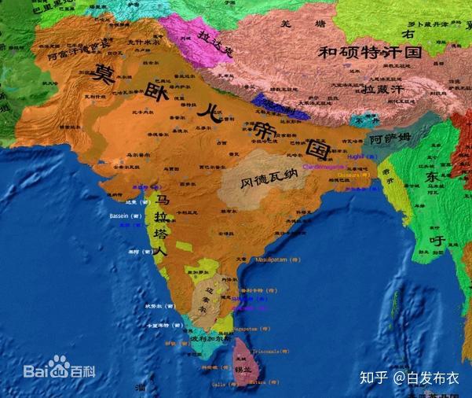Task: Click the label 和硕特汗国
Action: (370, 53)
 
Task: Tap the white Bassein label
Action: (125, 214)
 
